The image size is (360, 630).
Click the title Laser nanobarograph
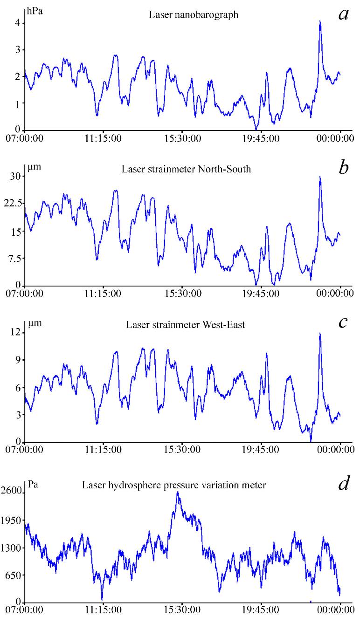(x=194, y=15)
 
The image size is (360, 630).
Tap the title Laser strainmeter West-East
(x=185, y=324)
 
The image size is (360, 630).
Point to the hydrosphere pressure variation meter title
(x=174, y=485)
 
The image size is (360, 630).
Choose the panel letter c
(x=344, y=322)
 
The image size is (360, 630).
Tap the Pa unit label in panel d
(x=33, y=484)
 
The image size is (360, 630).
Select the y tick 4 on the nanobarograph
(x=17, y=23)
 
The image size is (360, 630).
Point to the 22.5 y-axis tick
(x=13, y=204)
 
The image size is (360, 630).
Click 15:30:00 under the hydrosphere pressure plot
(x=181, y=610)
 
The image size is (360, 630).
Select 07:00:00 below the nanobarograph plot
(x=23, y=138)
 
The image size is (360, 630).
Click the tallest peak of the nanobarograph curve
(x=320, y=21)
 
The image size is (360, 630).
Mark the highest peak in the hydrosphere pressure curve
(x=178, y=493)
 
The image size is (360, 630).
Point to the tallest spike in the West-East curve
(x=320, y=333)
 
